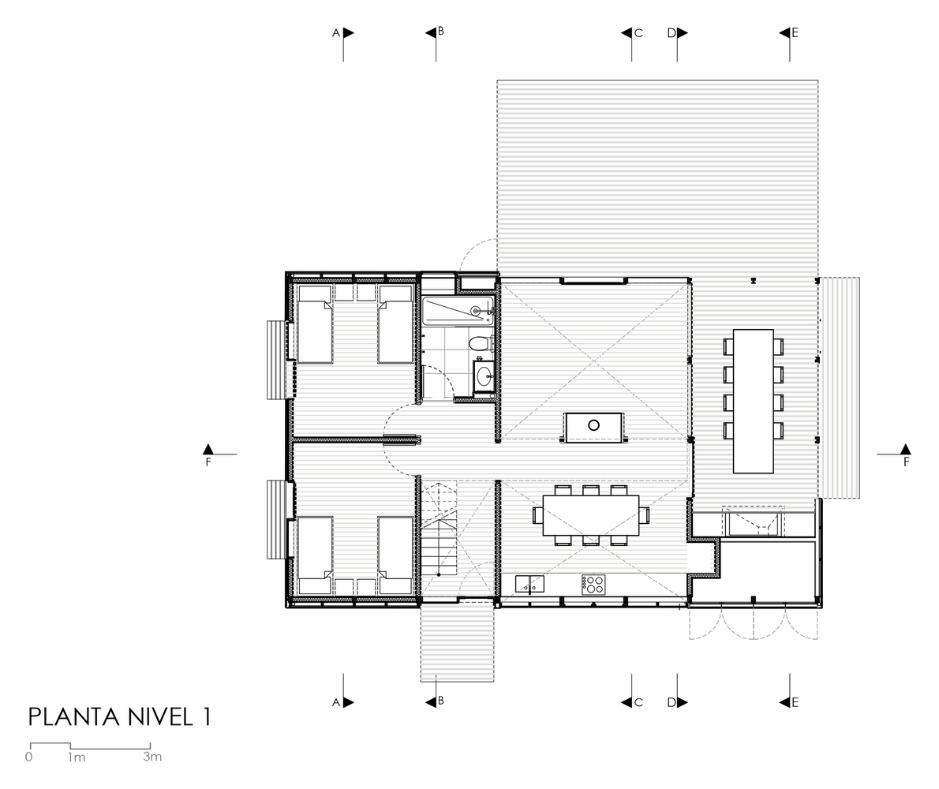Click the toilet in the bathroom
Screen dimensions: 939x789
(x=479, y=344)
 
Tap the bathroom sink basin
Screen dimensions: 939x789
(x=484, y=376)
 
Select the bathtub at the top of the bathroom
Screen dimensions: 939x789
(x=458, y=310)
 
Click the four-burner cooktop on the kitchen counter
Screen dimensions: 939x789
(x=593, y=584)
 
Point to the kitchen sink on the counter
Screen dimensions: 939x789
(x=529, y=584)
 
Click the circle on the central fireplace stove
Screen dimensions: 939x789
(x=593, y=425)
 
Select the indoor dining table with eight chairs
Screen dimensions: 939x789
(x=591, y=515)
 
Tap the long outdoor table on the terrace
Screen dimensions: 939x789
(x=754, y=401)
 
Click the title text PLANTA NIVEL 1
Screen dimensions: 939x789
(x=120, y=717)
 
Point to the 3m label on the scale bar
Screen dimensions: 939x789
(x=152, y=756)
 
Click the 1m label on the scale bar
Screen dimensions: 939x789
(x=77, y=757)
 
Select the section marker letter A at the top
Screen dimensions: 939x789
(x=336, y=33)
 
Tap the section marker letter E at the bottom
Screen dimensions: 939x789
(x=795, y=702)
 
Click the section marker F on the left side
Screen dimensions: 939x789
(x=208, y=462)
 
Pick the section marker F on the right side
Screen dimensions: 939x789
(x=906, y=462)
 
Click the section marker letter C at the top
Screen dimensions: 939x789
(x=638, y=33)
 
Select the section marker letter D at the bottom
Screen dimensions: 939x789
(x=672, y=702)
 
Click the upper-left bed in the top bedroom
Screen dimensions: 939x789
(x=315, y=323)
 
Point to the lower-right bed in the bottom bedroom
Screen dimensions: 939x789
(x=396, y=556)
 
